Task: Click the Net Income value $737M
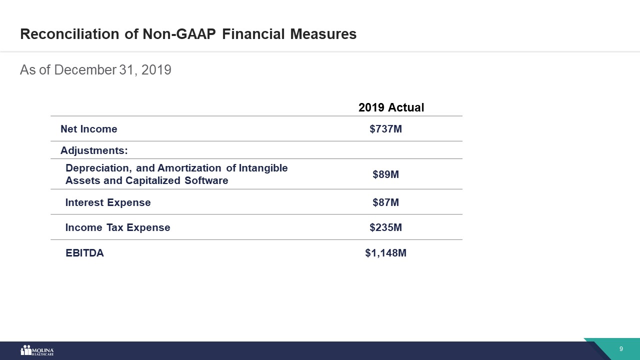(x=385, y=129)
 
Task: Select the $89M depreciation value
(x=385, y=174)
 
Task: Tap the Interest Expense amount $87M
(x=385, y=202)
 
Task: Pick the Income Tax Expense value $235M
(x=385, y=227)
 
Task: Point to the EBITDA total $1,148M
(x=385, y=253)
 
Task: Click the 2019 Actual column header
(x=391, y=107)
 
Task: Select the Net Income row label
(x=89, y=129)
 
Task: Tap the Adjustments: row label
(x=94, y=150)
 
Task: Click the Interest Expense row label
(x=108, y=202)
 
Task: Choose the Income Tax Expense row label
(x=117, y=227)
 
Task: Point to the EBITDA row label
(x=84, y=253)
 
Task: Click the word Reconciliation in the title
(x=69, y=34)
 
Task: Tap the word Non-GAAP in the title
(x=179, y=34)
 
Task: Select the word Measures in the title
(x=323, y=34)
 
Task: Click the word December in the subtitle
(x=85, y=69)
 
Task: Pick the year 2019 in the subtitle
(x=156, y=69)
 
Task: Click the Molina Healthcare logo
(x=37, y=350)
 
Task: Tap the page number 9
(x=621, y=349)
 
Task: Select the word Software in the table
(x=206, y=180)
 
